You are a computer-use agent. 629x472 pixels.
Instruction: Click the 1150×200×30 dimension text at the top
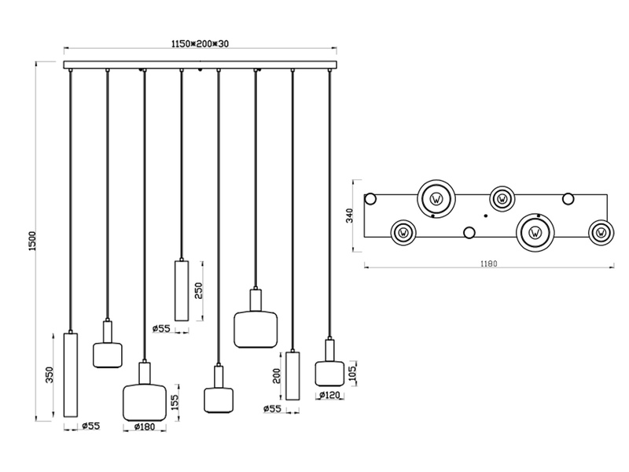(201, 44)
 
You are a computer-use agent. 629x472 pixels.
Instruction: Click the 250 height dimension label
(199, 290)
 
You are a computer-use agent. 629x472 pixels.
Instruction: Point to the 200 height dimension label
(276, 376)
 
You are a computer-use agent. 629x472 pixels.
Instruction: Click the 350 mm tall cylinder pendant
(71, 374)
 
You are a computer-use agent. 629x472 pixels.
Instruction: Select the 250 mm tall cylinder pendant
(182, 289)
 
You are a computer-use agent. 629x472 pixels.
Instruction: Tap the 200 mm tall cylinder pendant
(292, 376)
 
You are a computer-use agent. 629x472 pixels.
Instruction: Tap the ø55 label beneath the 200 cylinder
(271, 408)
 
